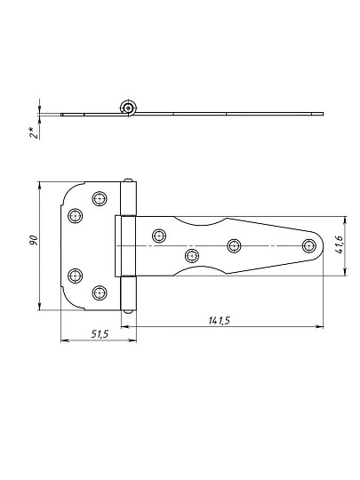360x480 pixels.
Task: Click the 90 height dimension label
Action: click(x=34, y=240)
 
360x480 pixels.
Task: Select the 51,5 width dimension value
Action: click(x=100, y=334)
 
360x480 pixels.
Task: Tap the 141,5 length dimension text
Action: click(x=220, y=321)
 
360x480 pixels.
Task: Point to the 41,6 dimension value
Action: click(x=340, y=244)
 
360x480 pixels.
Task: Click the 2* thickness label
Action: click(x=35, y=132)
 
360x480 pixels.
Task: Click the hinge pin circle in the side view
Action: click(x=128, y=108)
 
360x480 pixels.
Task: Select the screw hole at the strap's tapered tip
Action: click(x=308, y=246)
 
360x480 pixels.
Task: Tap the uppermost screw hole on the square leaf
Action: click(x=100, y=199)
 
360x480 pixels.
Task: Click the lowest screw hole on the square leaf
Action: click(x=100, y=293)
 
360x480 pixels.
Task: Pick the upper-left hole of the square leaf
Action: click(x=75, y=216)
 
